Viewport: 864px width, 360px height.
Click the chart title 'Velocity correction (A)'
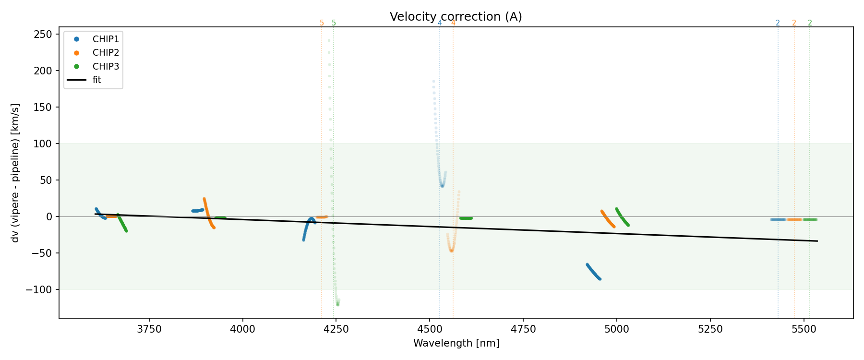[456, 17]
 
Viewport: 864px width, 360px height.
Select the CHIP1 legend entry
[106, 39]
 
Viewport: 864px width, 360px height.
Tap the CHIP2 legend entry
[106, 53]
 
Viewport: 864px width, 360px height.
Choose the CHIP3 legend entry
[106, 66]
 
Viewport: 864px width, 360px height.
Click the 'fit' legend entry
[97, 80]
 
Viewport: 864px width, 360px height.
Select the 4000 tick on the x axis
[243, 329]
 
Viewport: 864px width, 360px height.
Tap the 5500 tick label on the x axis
[804, 329]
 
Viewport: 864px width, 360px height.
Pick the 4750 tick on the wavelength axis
[523, 329]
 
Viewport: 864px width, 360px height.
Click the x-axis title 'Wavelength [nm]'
[456, 343]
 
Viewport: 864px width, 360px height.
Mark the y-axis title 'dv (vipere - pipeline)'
[15, 173]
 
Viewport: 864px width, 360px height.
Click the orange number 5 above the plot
[322, 23]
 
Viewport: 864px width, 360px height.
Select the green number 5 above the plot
[334, 23]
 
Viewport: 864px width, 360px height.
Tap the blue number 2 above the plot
[778, 23]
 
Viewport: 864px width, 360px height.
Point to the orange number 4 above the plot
[453, 23]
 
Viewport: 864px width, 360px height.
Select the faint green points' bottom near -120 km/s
[337, 303]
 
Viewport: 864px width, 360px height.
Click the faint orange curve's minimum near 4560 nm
[451, 250]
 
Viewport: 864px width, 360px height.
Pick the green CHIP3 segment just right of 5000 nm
[622, 217]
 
